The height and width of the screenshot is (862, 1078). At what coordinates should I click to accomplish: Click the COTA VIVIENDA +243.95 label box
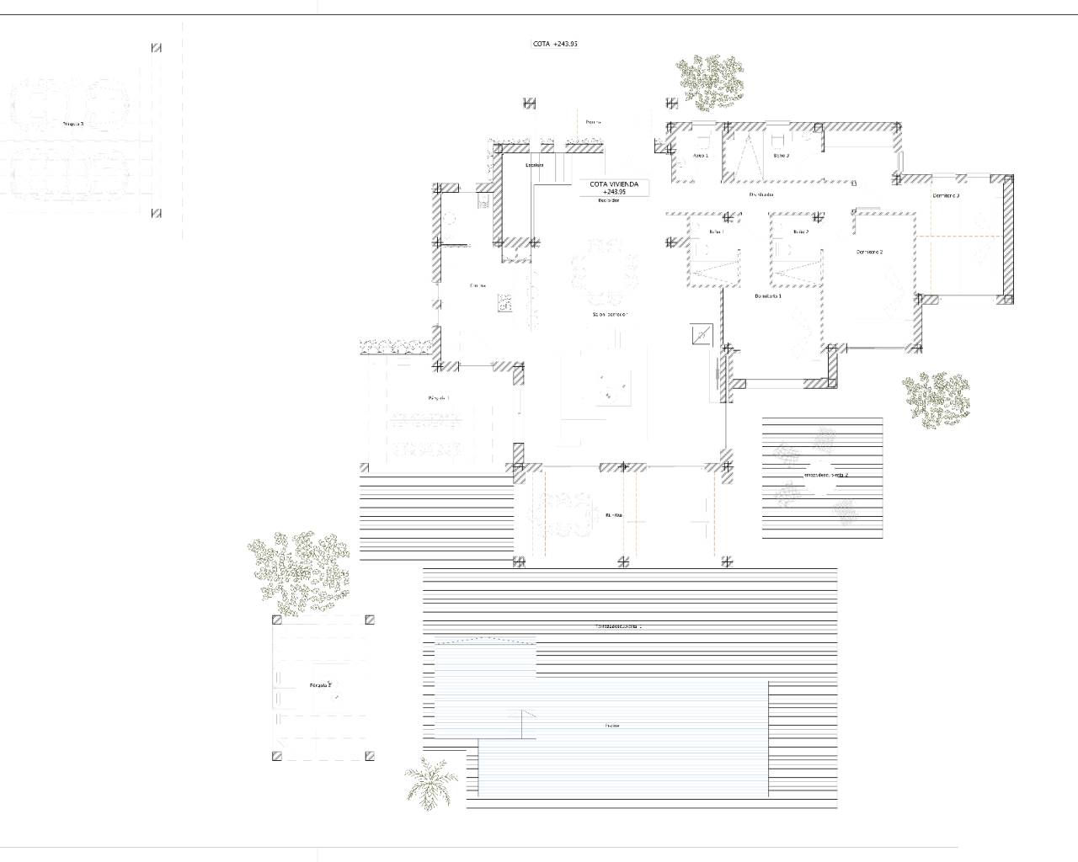(614, 188)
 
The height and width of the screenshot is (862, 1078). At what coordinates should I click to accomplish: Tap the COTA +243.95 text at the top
(555, 44)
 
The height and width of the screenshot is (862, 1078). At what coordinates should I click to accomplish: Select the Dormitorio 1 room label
(768, 296)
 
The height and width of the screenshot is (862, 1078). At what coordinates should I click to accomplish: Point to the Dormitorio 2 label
(869, 252)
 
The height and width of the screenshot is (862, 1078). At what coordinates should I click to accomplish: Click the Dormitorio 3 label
(946, 195)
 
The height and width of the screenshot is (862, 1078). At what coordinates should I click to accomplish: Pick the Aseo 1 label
(700, 156)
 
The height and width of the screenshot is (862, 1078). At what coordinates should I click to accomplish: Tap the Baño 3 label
(781, 156)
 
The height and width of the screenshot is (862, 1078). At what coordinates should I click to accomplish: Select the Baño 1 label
(717, 231)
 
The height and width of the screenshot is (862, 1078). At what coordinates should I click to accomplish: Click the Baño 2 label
(800, 231)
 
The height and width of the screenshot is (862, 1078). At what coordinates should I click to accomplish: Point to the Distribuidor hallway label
(761, 194)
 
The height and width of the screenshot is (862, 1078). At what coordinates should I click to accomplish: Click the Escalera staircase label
(534, 165)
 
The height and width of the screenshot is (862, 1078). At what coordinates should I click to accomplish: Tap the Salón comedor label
(610, 314)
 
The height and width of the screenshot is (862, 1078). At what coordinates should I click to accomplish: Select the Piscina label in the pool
(611, 726)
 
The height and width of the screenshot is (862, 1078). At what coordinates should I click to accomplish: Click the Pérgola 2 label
(321, 685)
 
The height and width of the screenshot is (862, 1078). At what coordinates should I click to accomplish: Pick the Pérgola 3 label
(73, 124)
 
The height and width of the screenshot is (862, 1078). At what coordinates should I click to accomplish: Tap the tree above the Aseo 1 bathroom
(710, 82)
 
